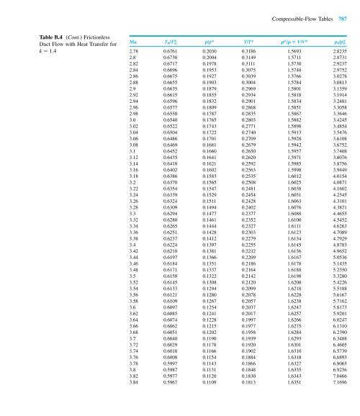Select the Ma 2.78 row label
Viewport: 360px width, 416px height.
135,52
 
